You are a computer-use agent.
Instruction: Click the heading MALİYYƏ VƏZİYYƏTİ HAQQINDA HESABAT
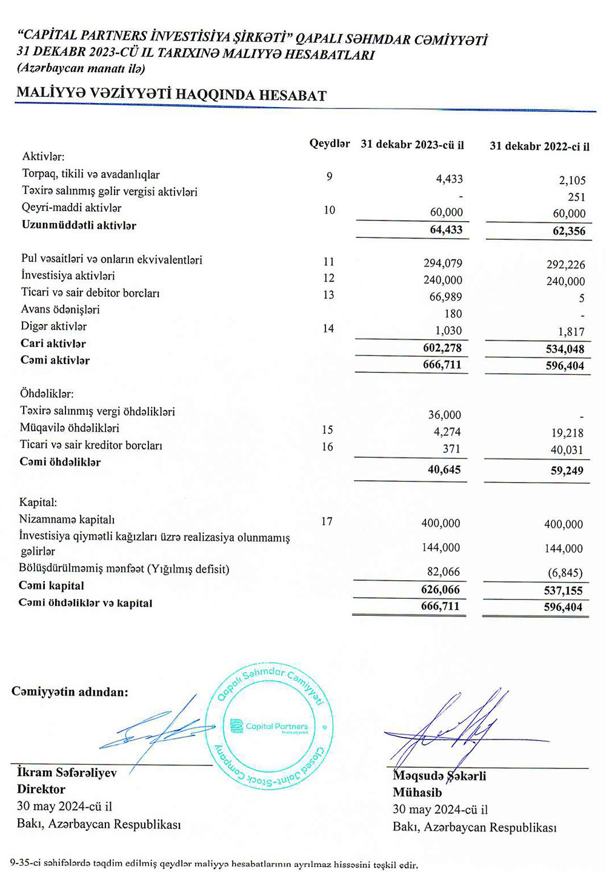(171, 94)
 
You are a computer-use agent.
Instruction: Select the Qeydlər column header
(329, 144)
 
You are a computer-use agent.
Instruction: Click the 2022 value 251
(576, 197)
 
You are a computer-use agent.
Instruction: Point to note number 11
(328, 262)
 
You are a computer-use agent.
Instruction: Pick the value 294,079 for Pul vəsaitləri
(442, 263)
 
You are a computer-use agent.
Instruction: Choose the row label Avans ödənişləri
(60, 309)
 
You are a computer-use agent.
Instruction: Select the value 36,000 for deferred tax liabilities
(444, 415)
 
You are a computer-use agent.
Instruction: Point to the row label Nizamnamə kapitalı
(67, 519)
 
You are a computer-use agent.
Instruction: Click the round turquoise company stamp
(270, 727)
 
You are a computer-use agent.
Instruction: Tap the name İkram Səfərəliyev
(67, 773)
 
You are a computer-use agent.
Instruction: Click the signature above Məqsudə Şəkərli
(448, 730)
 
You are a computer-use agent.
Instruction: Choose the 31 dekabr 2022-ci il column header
(539, 146)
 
